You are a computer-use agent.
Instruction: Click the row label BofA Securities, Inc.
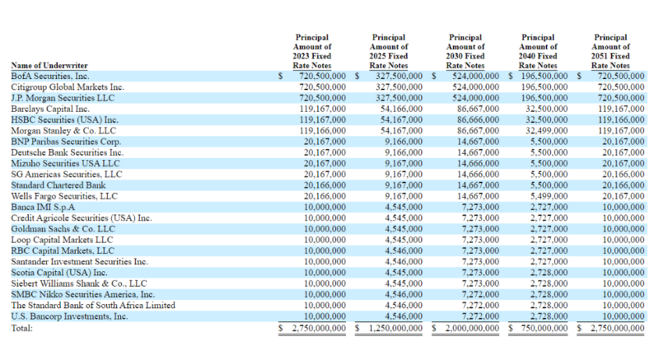50,76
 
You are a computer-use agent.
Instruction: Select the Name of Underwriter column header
49,66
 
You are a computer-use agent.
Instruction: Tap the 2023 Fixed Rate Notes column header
312,51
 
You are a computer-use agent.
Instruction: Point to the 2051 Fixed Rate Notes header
610,51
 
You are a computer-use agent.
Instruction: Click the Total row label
22,328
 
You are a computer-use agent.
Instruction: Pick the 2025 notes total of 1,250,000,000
395,328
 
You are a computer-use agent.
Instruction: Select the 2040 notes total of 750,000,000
544,328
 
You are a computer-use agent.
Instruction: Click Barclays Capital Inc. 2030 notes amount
479,109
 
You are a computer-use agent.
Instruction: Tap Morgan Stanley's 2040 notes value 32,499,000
547,131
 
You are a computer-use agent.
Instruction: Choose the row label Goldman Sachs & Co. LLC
63,229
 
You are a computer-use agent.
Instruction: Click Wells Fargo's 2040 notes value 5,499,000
549,196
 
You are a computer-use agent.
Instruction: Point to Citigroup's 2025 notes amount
400,87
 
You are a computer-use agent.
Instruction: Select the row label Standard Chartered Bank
58,185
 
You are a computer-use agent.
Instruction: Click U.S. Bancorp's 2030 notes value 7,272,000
480,316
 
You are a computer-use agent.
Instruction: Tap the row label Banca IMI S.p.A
43,207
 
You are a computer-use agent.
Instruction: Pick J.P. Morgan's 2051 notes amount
621,98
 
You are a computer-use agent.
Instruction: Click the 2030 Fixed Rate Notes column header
465,51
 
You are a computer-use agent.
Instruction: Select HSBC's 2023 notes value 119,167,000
323,119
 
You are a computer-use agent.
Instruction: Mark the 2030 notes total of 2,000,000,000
472,328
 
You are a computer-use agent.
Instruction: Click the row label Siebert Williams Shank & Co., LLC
79,283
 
